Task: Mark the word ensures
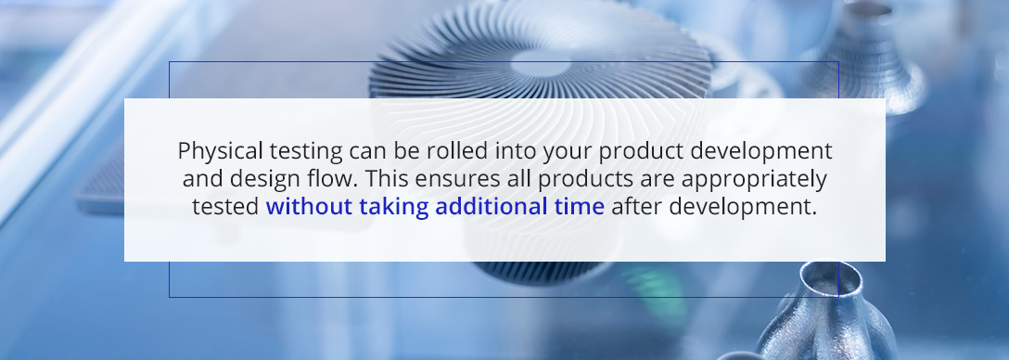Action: pyautogui.click(x=441, y=180)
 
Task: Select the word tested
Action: pyautogui.click(x=225, y=207)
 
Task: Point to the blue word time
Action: pyautogui.click(x=581, y=207)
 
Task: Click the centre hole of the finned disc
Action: pyautogui.click(x=541, y=64)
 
